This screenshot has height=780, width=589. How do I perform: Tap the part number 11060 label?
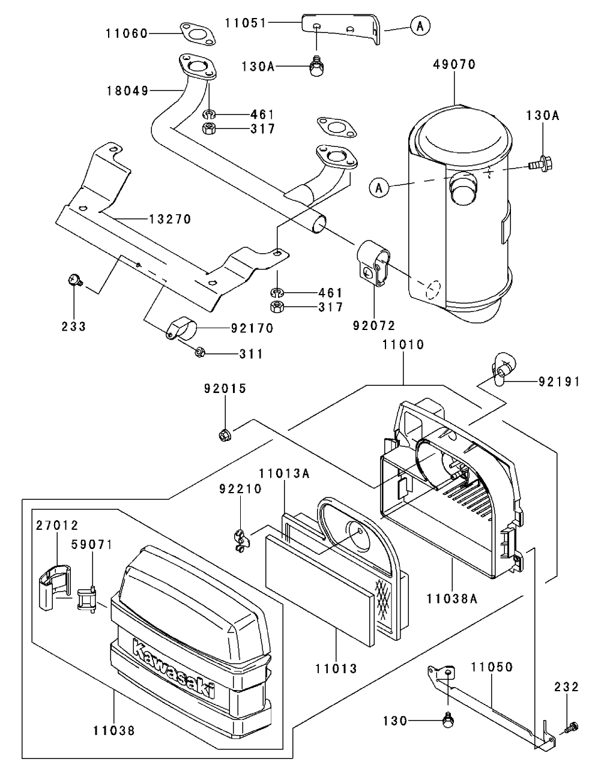click(x=127, y=34)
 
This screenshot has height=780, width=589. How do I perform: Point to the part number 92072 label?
click(x=375, y=326)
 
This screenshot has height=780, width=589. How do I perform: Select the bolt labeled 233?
click(x=75, y=280)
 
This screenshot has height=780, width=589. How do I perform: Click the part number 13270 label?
click(x=171, y=220)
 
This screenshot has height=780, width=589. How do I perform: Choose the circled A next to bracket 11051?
click(x=420, y=25)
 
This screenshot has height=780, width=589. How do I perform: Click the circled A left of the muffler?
click(x=378, y=188)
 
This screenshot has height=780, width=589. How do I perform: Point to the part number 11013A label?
click(x=285, y=473)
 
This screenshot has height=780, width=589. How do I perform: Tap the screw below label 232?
click(x=571, y=728)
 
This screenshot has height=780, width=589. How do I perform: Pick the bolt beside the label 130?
click(x=447, y=720)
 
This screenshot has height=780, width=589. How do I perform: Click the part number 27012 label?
click(x=56, y=526)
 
